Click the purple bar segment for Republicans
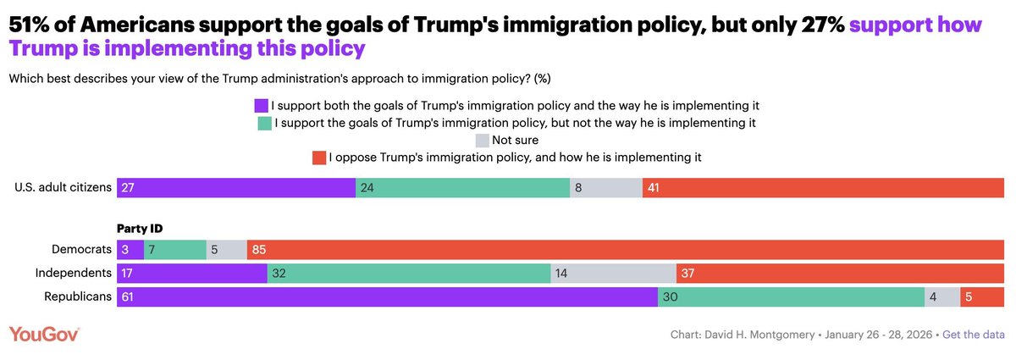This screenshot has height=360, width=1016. pyautogui.click(x=387, y=297)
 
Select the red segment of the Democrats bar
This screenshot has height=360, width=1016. pyautogui.click(x=627, y=250)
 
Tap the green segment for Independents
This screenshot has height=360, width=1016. pyautogui.click(x=409, y=274)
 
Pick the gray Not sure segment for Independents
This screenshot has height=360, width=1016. pyautogui.click(x=613, y=274)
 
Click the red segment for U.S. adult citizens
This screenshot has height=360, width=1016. pyautogui.click(x=824, y=188)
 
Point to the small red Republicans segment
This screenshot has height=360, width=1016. pyautogui.click(x=982, y=297)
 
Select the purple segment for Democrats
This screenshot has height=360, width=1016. pyautogui.click(x=130, y=250)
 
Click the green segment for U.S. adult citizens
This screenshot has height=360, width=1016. pyautogui.click(x=463, y=188)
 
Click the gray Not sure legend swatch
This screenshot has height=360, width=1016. pyautogui.click(x=483, y=141)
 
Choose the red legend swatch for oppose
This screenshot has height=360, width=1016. pyautogui.click(x=319, y=158)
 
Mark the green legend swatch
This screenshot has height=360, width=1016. pyautogui.click(x=264, y=124)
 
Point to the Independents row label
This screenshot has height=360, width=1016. pyautogui.click(x=74, y=274)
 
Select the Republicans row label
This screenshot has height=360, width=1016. pyautogui.click(x=78, y=297)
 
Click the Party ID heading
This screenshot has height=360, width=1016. pyautogui.click(x=139, y=229)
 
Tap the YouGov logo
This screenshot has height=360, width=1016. pyautogui.click(x=44, y=335)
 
